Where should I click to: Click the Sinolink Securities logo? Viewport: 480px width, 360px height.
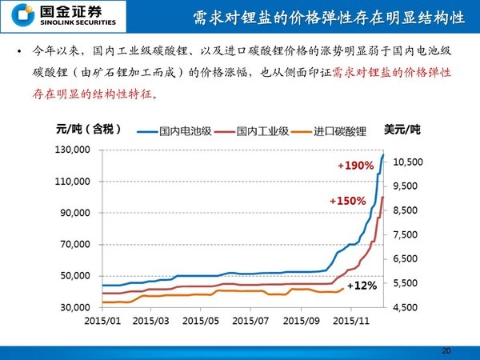[x=51, y=16]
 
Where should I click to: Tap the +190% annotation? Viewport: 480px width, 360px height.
[x=356, y=166]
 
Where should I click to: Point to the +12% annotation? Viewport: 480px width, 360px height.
[x=362, y=285]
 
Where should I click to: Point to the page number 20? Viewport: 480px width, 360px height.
[x=446, y=350]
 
